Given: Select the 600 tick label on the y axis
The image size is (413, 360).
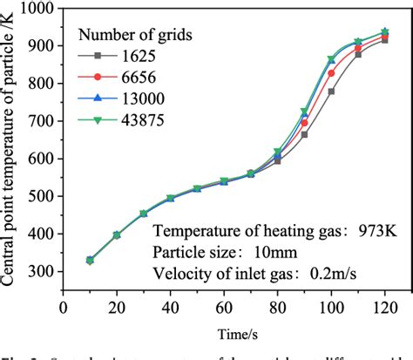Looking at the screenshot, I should point(41,159).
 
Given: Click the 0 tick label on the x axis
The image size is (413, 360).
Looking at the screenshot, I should point(63,309).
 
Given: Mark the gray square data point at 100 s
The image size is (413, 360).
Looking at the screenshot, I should point(331,92).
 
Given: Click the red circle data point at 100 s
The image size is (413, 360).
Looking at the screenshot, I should point(331,73).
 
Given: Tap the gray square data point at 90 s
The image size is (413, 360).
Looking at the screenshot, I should point(304,134).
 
